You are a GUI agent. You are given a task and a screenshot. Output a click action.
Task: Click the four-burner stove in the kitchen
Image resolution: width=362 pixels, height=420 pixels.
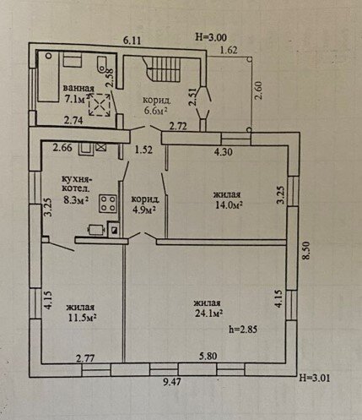pyautogui.click(x=108, y=204)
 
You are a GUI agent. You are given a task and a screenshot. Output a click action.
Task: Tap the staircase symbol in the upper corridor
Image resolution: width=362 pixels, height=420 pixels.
pyautogui.click(x=161, y=68)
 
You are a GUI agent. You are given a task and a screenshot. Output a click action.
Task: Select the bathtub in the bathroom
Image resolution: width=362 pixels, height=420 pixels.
pyautogui.click(x=48, y=76)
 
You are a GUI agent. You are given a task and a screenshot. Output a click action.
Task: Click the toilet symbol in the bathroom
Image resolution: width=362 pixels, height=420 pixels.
pyautogui.click(x=101, y=64)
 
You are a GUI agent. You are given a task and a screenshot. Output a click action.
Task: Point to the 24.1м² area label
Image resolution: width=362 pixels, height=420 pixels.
pyautogui.click(x=209, y=314)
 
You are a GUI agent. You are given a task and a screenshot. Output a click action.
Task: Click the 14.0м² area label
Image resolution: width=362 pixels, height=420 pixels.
pyautogui.click(x=229, y=205)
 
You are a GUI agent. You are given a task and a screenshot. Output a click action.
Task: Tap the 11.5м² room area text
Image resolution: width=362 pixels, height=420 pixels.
pyautogui.click(x=83, y=318)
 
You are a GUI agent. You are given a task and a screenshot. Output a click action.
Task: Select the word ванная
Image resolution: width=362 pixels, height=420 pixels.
pyautogui.click(x=78, y=88)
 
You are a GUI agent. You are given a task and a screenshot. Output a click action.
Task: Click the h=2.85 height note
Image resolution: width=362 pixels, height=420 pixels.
pyautogui.click(x=243, y=330)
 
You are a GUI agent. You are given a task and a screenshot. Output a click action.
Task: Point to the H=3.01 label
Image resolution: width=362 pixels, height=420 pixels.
pyautogui.click(x=315, y=378)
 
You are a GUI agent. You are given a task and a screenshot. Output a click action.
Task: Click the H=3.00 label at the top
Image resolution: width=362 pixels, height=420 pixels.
pyautogui.click(x=211, y=37)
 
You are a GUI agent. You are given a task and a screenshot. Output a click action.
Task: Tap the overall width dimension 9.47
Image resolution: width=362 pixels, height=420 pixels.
pyautogui.click(x=172, y=382)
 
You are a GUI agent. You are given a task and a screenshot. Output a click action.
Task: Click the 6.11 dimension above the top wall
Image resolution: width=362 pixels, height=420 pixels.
pyautogui.click(x=132, y=41)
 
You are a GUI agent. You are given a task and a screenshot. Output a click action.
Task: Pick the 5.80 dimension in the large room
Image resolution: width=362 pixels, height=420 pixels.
pyautogui.click(x=208, y=357)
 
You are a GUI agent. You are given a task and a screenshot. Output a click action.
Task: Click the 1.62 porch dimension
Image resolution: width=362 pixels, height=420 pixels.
pyautogui.click(x=229, y=50)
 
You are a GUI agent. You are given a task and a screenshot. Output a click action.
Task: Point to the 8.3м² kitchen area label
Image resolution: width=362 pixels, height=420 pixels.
pyautogui.click(x=77, y=200)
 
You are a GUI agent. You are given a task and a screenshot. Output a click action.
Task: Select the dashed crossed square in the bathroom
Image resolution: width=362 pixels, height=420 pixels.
pyautogui.click(x=100, y=105)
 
